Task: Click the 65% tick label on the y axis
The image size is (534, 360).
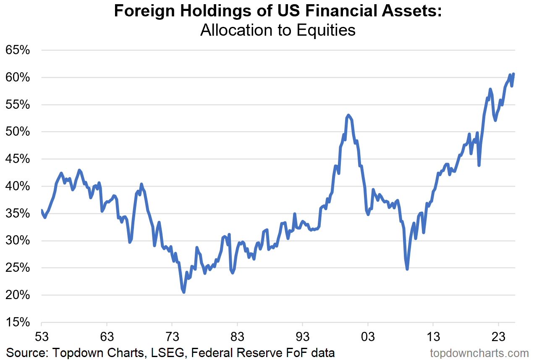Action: [17, 50]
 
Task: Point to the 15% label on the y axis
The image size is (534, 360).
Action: [17, 323]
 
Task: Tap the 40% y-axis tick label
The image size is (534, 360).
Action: [17, 187]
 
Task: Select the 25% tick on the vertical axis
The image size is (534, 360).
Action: [17, 268]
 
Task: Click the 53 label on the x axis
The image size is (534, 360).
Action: [42, 337]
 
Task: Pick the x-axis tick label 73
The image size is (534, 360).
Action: [172, 337]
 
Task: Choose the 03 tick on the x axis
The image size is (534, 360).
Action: [368, 337]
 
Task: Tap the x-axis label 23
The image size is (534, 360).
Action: [498, 337]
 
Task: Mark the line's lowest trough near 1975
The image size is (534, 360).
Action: [184, 292]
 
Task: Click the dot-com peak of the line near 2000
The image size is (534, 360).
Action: [348, 115]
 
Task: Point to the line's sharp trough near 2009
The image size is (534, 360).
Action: [407, 269]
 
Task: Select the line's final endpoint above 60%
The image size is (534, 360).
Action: [514, 74]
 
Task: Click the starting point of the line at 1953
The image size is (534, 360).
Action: [42, 210]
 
